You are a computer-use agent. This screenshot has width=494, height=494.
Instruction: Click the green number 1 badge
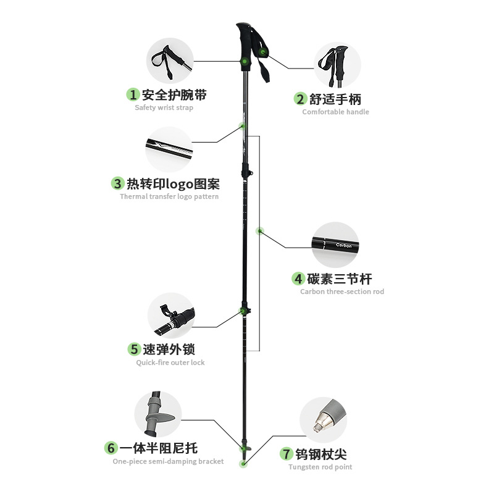133,94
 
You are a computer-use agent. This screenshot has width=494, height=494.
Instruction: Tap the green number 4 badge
298,278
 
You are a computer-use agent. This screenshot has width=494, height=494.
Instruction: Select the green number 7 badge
285,454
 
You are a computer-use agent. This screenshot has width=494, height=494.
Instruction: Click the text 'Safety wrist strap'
164,107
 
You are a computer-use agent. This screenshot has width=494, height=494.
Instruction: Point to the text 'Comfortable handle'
335,112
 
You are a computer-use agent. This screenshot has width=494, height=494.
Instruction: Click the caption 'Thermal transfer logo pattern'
169,196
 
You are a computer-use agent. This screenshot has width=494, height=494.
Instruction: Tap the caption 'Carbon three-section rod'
342,291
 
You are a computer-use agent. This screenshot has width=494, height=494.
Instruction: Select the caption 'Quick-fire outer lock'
170,362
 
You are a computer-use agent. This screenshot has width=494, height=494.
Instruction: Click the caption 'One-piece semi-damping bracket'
168,461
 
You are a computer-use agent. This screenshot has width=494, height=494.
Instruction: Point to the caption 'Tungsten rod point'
320,467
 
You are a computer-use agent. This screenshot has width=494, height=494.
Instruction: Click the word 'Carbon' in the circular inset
343,245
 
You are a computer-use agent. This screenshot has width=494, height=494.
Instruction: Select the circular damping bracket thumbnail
158,414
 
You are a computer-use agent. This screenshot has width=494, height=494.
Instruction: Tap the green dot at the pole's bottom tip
245,463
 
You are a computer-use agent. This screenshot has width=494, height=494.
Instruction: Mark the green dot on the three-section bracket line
260,232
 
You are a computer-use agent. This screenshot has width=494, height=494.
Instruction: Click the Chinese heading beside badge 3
173,183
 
